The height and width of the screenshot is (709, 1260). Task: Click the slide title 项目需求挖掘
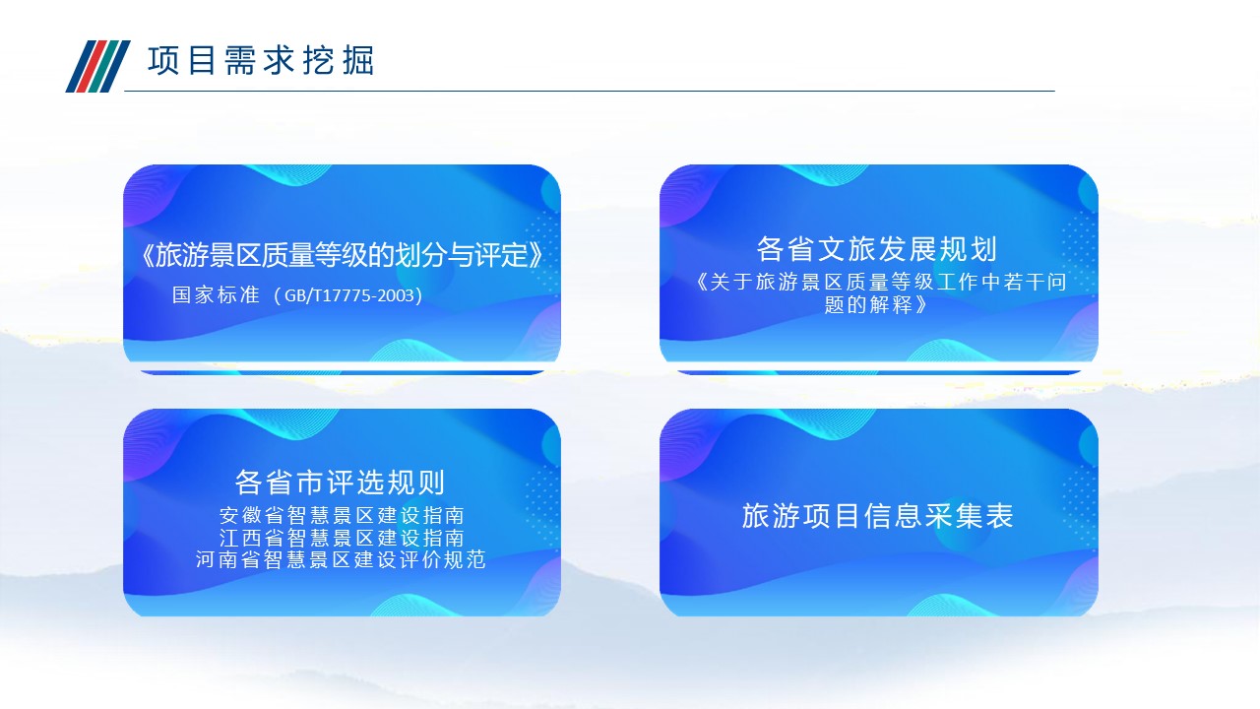tap(261, 61)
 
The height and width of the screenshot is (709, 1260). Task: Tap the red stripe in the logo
tap(93, 66)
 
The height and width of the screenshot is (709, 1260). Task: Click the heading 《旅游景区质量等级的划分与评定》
tap(342, 255)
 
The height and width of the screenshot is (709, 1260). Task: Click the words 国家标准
tap(216, 294)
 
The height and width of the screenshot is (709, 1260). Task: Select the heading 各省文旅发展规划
tap(877, 249)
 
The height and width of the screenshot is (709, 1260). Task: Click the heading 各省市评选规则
tap(340, 483)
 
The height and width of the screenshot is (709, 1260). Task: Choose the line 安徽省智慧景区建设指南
tap(342, 515)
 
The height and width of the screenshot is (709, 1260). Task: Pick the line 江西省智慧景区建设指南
tap(342, 538)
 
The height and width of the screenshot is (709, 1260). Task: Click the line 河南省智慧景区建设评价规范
tap(341, 560)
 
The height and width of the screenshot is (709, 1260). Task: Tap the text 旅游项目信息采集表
tap(877, 516)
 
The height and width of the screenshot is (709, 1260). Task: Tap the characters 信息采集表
tap(939, 516)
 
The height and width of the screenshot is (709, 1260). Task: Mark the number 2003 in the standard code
tap(396, 295)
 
